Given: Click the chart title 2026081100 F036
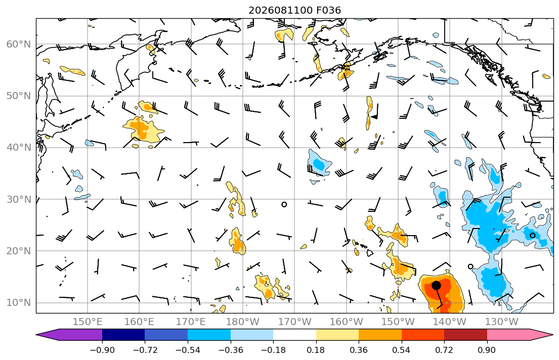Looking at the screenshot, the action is (x=294, y=10).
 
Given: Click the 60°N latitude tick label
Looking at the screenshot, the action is (x=19, y=44).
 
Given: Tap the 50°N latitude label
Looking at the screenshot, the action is (x=19, y=96).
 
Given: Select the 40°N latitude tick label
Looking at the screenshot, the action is (x=19, y=148).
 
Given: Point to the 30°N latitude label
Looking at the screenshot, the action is (x=19, y=199).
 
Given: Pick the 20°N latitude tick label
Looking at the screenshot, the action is (x=19, y=251).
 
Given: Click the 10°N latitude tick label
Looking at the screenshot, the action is (x=19, y=303).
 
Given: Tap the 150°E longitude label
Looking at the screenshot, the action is (x=88, y=322).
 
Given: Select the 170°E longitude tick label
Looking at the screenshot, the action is (x=191, y=322).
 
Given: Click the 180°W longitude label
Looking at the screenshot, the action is (x=243, y=322).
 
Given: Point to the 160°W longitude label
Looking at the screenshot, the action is (x=346, y=322).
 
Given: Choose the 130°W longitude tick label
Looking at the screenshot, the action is (x=502, y=322).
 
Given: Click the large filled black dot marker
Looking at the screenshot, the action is (x=436, y=285).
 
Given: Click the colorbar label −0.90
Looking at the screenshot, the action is (x=102, y=350).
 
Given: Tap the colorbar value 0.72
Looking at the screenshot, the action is (x=444, y=350).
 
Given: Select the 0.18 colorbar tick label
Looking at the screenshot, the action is (x=316, y=350).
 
